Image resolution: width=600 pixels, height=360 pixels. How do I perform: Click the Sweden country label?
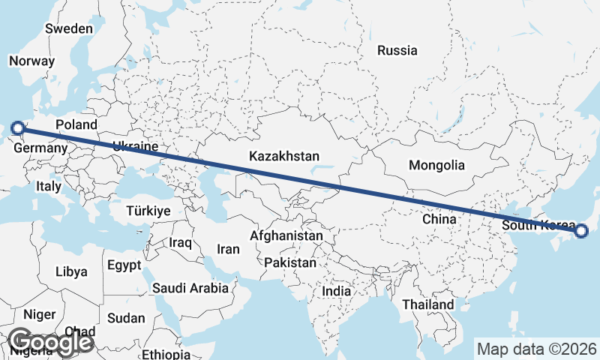point(69,28)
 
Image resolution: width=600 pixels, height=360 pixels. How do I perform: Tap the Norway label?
point(32,61)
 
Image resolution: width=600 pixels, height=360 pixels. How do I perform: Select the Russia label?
point(397,51)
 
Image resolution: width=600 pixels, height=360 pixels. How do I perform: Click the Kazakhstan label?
point(284,157)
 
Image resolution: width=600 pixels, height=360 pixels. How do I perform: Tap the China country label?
point(439,219)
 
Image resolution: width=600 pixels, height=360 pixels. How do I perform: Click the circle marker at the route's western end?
point(18,128)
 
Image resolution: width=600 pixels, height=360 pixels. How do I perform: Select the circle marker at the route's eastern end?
point(581,231)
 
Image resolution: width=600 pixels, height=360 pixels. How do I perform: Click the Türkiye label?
point(148,211)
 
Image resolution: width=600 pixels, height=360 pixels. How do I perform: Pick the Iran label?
point(228,249)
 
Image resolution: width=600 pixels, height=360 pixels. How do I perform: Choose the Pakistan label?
point(290,263)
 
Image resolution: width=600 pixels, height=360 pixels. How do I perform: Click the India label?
point(337,290)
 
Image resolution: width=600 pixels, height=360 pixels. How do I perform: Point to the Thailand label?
point(427,304)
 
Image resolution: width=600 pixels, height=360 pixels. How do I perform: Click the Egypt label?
point(124,265)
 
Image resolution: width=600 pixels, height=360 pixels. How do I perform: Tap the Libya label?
point(71,271)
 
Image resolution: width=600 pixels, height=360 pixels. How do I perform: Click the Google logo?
point(50,342)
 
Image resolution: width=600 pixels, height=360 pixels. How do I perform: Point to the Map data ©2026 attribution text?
point(537,349)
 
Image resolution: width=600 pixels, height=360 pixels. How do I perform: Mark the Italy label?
point(49,186)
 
